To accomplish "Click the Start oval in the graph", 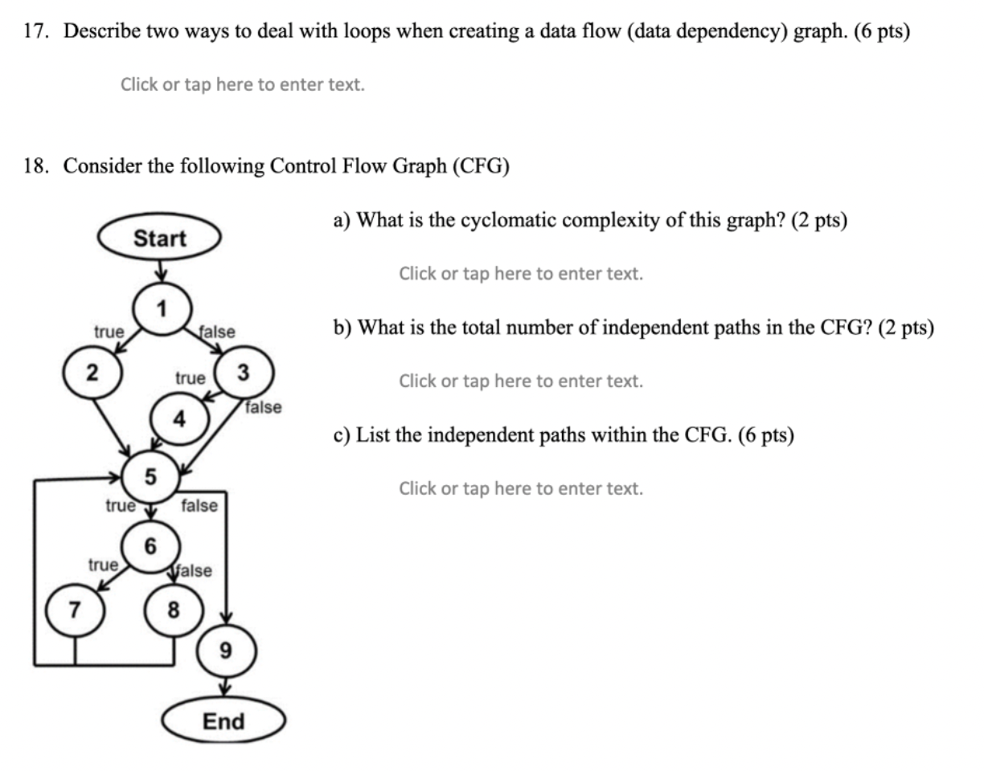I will coord(159,239).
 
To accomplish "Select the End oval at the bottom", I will coord(223,721).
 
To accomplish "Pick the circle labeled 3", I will coord(244,373).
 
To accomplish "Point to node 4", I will coord(179,419).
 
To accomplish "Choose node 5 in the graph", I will coord(150,477).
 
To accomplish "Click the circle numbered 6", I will coord(150,547).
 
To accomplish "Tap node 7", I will coord(75,611).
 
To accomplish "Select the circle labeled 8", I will coord(173,611).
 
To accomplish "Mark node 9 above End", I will coord(226,650).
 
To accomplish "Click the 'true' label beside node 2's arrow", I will coord(109,332).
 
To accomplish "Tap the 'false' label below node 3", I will coord(264,407).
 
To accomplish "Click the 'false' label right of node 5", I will coord(199,505).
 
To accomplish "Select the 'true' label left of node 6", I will coord(103,565).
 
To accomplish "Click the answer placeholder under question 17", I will coord(242,84).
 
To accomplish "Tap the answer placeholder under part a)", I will coord(521,274).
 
